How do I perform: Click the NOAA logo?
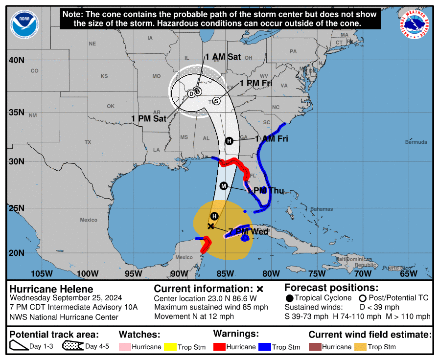(24, 25)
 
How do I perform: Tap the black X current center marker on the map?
(210, 226)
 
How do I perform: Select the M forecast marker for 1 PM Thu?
(224, 186)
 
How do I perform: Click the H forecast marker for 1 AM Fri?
(229, 141)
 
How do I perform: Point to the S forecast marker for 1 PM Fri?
(216, 101)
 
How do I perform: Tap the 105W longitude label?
(41, 273)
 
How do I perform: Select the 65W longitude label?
(409, 273)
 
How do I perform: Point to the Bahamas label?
(322, 209)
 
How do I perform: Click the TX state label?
(88, 142)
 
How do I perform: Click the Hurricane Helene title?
(51, 289)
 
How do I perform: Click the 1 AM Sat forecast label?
(223, 57)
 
